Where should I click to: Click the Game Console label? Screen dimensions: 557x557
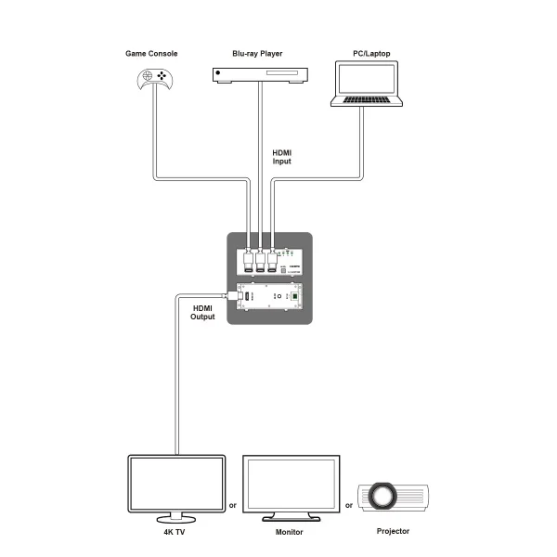pos(152,53)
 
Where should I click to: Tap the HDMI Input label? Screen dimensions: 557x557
pos(281,156)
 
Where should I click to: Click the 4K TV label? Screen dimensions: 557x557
pos(174,532)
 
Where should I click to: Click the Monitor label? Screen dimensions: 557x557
pos(289,532)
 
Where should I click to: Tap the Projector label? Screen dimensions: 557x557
pos(391,532)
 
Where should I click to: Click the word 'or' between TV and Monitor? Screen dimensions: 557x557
pos(233,506)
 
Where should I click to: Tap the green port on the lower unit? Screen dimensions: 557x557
pos(294,297)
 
